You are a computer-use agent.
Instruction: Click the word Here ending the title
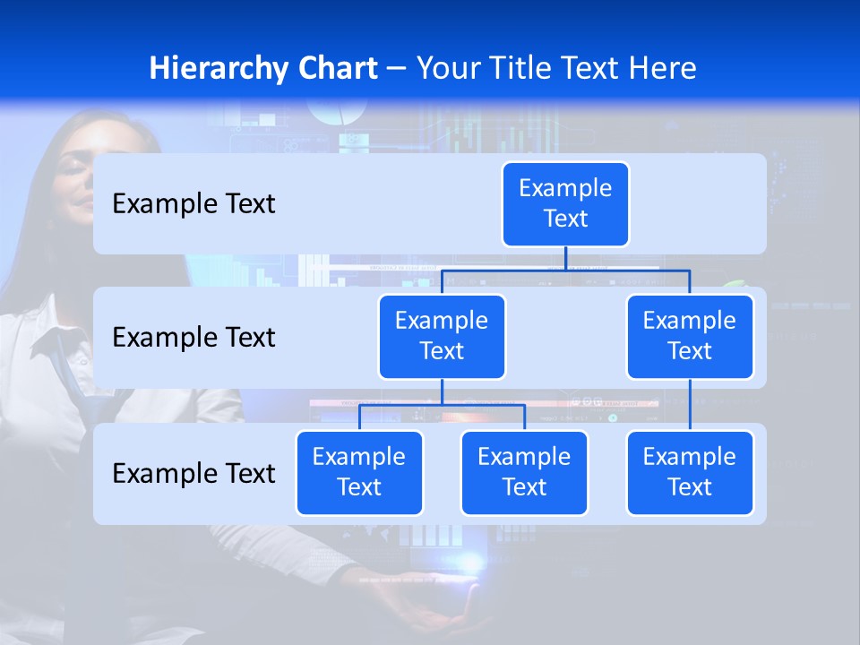pyautogui.click(x=662, y=69)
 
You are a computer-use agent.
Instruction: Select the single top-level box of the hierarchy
pyautogui.click(x=565, y=204)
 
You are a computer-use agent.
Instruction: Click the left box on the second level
pyautogui.click(x=442, y=337)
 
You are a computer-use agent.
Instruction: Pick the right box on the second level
pyautogui.click(x=690, y=337)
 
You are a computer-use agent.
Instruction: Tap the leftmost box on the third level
pyautogui.click(x=359, y=473)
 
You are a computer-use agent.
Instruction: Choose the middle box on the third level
pyautogui.click(x=524, y=473)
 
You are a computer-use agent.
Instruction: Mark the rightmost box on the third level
pyautogui.click(x=690, y=473)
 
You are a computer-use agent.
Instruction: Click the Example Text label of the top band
pyautogui.click(x=193, y=204)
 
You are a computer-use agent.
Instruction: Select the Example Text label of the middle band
pyautogui.click(x=193, y=338)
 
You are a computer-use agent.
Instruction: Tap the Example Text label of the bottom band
pyautogui.click(x=193, y=473)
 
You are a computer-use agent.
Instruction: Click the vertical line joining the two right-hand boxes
pyautogui.click(x=690, y=405)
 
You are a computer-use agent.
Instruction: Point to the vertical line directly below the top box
pyautogui.click(x=565, y=258)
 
